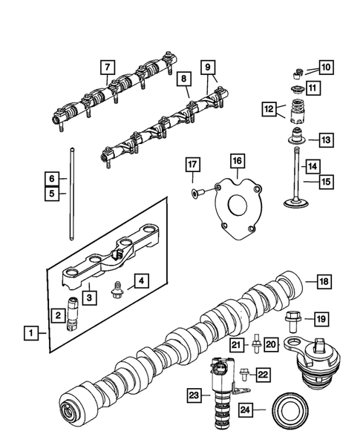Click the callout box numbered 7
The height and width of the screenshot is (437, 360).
[108, 68]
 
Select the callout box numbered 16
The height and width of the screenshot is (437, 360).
[235, 160]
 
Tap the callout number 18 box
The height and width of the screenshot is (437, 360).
[323, 281]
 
